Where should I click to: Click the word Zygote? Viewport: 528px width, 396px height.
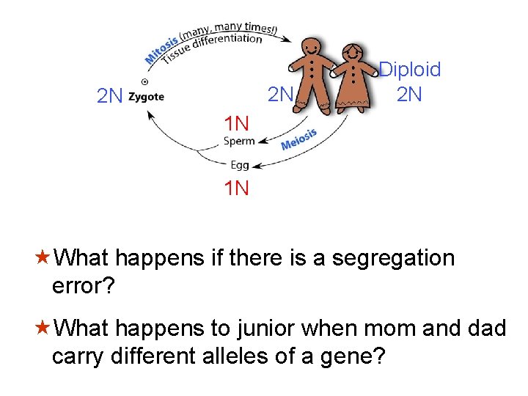pos(146,96)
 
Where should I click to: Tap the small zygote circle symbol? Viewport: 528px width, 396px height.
pos(144,81)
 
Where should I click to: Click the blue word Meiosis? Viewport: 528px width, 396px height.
pos(298,139)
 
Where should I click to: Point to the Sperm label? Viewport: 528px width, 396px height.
pos(239,141)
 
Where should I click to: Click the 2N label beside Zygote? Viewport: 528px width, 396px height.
pos(110,96)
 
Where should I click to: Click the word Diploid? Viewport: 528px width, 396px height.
pos(410,70)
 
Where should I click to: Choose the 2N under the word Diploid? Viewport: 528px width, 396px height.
pos(409,94)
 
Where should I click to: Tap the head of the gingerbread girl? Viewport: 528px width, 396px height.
pos(353,54)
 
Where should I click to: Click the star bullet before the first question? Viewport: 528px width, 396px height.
pos(43,258)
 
